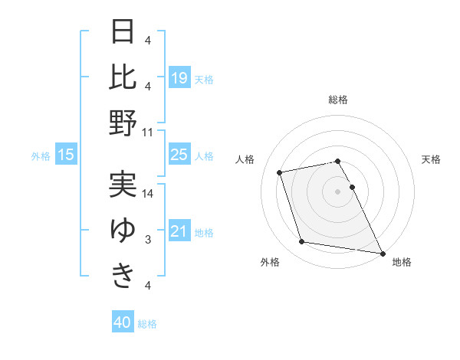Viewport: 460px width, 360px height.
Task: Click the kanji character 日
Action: tap(123, 32)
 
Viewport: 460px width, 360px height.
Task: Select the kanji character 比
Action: tap(123, 76)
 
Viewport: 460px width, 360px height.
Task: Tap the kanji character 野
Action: tap(123, 122)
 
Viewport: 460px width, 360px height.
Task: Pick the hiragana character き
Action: tap(123, 275)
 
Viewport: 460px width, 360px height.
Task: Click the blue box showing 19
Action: tap(179, 77)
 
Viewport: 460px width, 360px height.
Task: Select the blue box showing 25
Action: tap(179, 155)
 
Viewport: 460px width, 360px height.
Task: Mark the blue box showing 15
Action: tap(66, 155)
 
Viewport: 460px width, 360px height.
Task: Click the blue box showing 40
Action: tap(123, 322)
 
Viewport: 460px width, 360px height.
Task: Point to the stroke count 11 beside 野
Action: tap(148, 132)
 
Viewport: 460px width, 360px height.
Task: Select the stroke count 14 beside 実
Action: tap(148, 194)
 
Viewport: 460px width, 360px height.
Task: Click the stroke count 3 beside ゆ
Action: tap(148, 240)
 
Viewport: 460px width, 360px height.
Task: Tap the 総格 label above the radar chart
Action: tap(338, 100)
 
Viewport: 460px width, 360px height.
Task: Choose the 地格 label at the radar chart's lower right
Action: tap(402, 263)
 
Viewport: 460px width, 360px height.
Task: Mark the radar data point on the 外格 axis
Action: tap(302, 242)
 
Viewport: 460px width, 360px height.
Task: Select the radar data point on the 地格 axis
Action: tap(382, 253)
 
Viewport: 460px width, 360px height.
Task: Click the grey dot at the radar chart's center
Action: tap(338, 191)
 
